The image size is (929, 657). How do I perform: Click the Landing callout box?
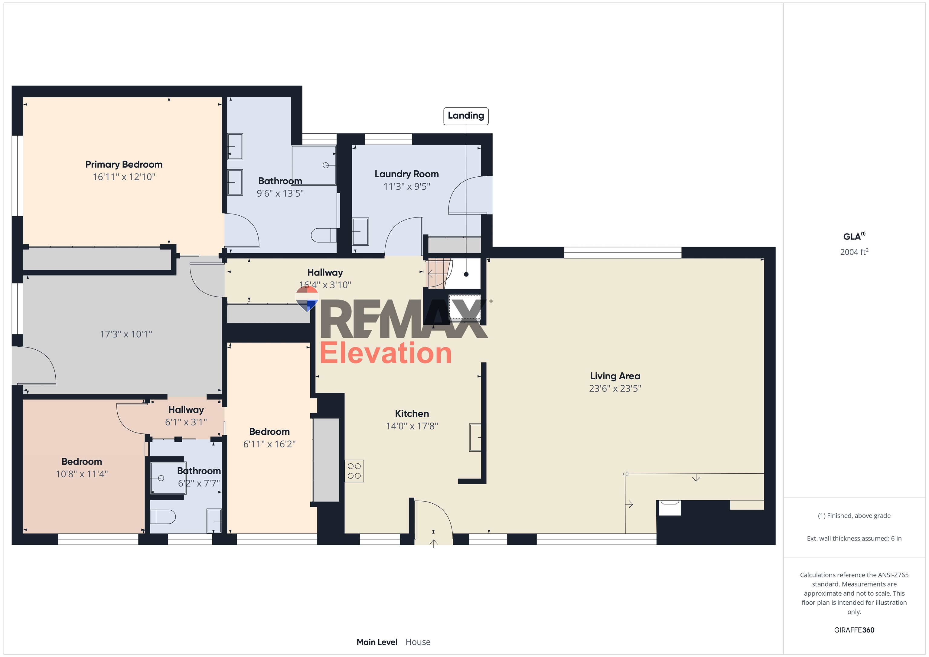466,116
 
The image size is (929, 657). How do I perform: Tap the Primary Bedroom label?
124,164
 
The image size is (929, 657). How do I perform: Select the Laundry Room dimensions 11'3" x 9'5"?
407,187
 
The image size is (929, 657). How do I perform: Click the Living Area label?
615,376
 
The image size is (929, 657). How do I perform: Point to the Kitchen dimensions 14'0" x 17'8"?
412,426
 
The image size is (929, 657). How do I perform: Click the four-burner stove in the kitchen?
354,471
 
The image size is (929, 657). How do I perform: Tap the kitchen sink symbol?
475,437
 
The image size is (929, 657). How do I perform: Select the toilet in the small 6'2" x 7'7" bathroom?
163,517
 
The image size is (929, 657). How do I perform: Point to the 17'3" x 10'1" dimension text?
126,334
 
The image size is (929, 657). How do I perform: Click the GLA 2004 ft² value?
854,252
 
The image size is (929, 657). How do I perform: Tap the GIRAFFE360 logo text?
854,630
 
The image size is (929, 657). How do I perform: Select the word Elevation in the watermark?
386,353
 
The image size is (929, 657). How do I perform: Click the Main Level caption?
377,642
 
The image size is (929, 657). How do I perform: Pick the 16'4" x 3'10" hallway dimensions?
325,285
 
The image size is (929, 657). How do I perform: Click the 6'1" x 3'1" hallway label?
186,422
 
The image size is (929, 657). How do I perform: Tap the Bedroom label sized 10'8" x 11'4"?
82,462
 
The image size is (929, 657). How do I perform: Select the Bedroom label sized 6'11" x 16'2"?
269,432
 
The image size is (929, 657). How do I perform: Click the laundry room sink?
360,231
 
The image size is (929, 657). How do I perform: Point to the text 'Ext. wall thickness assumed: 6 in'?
854,538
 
